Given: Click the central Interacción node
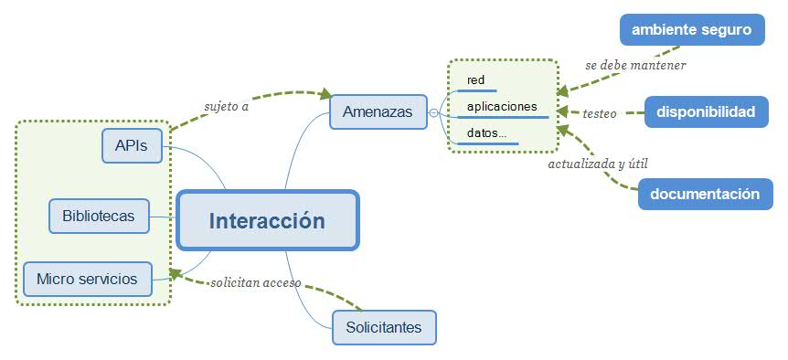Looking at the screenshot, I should [267, 220].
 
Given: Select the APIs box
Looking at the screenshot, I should [132, 145].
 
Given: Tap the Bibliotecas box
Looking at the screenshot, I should [99, 217].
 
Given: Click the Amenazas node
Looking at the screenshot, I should [378, 112].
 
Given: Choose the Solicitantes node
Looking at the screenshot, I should [384, 327].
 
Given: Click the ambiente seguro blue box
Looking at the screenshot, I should [691, 30].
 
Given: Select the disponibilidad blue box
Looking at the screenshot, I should [705, 112].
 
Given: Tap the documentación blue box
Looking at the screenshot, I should [705, 194].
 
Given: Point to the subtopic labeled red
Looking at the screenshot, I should [476, 80].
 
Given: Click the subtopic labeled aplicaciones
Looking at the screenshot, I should [502, 107].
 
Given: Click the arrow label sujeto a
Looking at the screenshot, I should [227, 105].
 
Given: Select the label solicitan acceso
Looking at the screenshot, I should [256, 282].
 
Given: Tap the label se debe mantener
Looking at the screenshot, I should [635, 66].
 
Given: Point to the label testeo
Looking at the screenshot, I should [600, 113].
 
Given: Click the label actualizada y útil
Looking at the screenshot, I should [598, 164].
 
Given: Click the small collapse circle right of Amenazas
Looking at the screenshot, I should [433, 112].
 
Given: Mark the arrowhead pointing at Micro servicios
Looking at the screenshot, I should [176, 272].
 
